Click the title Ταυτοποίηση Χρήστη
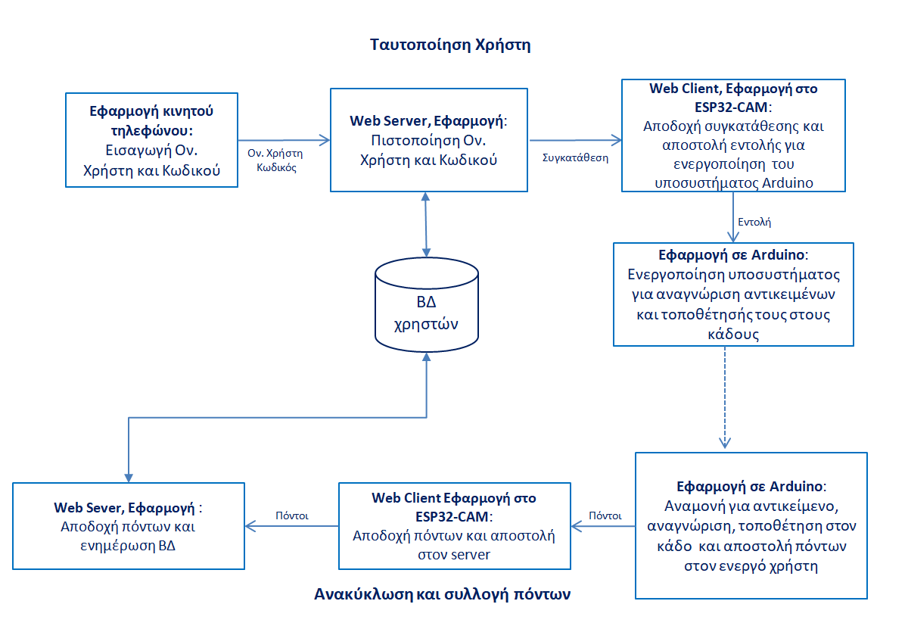(x=450, y=45)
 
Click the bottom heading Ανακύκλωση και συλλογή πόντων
(x=442, y=594)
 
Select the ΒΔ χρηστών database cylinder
(x=427, y=304)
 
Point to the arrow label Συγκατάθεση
(x=575, y=157)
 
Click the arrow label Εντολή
(x=754, y=223)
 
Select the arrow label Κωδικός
(x=276, y=167)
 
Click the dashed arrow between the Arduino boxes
(x=725, y=397)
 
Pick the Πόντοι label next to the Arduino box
(x=605, y=515)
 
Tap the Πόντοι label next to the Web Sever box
(x=292, y=515)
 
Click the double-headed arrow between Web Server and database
(x=425, y=225)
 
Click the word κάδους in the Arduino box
(x=733, y=335)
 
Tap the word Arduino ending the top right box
(x=788, y=183)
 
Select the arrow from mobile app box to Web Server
(x=285, y=140)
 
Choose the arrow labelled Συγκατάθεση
(x=575, y=140)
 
